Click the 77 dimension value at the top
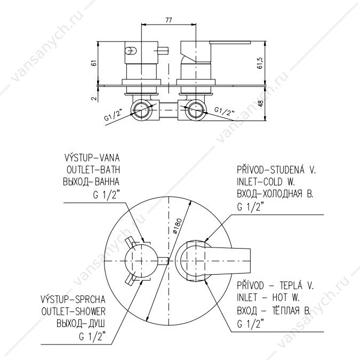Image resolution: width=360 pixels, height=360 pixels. (169, 20)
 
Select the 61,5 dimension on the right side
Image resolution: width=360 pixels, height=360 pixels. (260, 63)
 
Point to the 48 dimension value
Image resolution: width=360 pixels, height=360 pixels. (261, 103)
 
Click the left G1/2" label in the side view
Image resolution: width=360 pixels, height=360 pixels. (114, 115)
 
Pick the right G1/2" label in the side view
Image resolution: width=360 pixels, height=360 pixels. (225, 111)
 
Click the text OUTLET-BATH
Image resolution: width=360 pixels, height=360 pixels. (93, 170)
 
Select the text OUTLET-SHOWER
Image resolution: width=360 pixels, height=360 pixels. (74, 311)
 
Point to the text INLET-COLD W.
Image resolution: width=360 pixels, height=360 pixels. (266, 182)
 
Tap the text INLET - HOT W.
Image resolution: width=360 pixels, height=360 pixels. (268, 298)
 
